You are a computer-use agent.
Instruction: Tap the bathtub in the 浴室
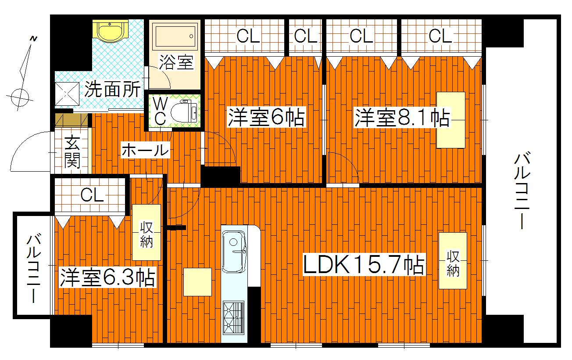pos(175,36)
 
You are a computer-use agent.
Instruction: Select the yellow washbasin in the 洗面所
pos(110,31)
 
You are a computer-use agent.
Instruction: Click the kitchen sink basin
pos(234,252)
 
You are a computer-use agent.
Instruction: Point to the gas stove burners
pos(233,318)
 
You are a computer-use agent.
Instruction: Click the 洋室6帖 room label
pos(266,118)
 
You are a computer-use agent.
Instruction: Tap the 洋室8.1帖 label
pos(402,118)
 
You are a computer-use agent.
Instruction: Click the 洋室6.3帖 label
pos(107,277)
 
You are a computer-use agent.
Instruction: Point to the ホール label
pos(145,150)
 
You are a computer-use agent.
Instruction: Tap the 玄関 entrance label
pos(72,153)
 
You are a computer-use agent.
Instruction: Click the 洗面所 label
pos(112,89)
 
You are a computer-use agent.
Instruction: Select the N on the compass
pos(33,39)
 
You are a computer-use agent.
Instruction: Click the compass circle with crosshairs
pos(20,97)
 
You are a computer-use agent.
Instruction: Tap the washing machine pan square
pos(68,94)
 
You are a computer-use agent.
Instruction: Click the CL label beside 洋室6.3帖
pos(92,195)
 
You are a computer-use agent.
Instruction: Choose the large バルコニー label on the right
pos(522,191)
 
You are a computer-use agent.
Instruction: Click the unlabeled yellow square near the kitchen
pos(197,282)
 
